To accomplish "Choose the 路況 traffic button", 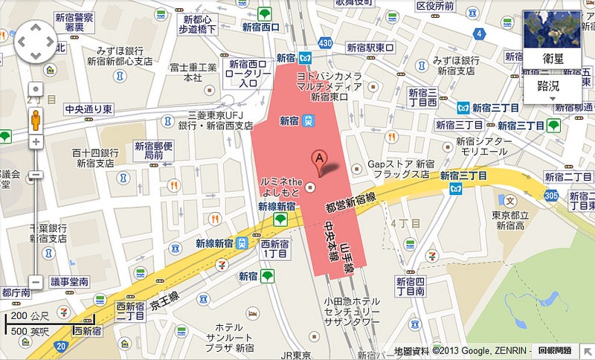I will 552,88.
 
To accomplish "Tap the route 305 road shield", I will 551,195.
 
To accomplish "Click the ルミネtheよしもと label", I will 281,187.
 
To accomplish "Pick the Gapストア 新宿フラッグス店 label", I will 402,169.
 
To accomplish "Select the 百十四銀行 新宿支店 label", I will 94,158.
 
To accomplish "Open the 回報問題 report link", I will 555,350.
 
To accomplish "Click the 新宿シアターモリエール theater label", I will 483,146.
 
